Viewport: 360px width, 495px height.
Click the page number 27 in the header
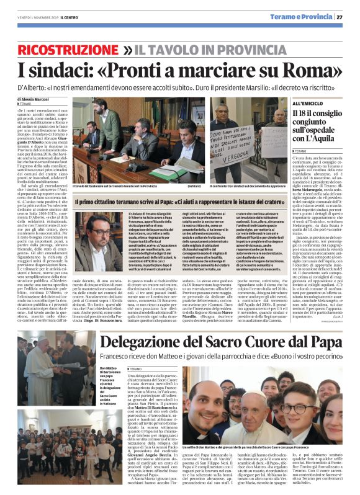pos(349,17)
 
